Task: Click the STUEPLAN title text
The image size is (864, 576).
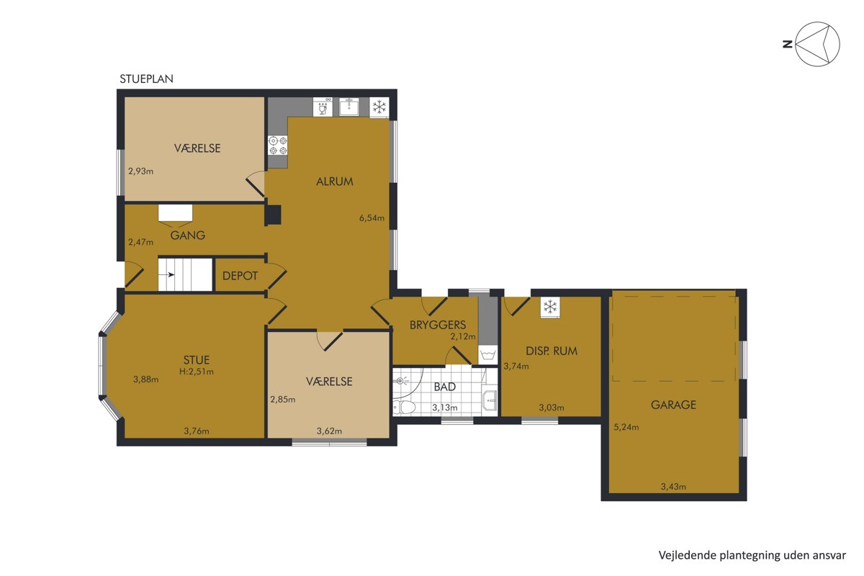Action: pos(146,78)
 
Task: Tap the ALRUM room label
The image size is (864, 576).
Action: pos(334,181)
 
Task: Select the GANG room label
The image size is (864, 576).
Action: pos(187,235)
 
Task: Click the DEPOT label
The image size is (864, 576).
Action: pos(240,276)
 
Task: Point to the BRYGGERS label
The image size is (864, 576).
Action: pos(438,325)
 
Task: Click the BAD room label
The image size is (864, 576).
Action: pos(445,387)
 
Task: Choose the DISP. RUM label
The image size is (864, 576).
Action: pos(552,351)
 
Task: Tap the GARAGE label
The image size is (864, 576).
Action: pos(673,405)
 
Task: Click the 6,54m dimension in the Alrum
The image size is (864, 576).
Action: pos(372,218)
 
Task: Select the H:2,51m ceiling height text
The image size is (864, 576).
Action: pos(197,372)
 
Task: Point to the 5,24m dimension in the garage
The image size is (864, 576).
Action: pos(626,427)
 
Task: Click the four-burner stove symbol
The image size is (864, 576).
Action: pos(278,145)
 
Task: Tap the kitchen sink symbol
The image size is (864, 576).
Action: pos(349,107)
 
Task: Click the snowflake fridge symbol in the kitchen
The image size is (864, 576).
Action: pos(379,107)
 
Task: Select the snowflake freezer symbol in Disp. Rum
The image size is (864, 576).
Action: pos(550,307)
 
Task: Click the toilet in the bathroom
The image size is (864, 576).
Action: pos(404,406)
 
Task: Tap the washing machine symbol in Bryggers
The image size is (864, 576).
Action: pos(488,354)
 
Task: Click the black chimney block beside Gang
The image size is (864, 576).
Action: pos(272,215)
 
